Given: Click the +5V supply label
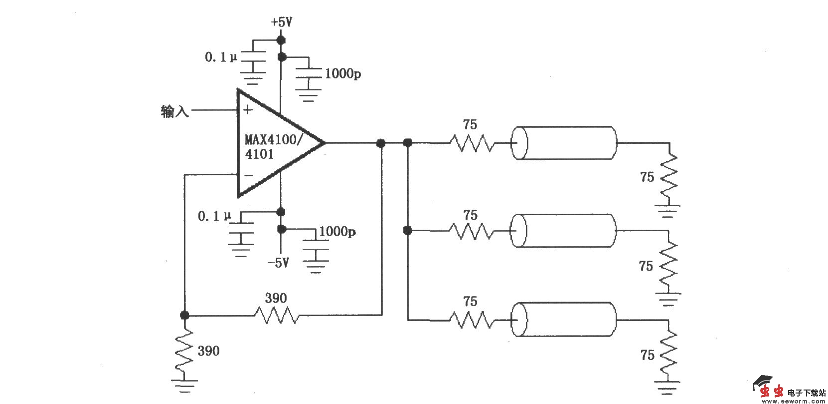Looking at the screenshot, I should [x=281, y=22].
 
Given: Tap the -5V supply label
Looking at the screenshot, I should [x=278, y=263].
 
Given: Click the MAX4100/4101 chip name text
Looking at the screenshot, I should [x=272, y=146].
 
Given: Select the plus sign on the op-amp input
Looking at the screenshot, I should [x=248, y=110].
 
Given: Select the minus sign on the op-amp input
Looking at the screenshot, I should [x=249, y=175].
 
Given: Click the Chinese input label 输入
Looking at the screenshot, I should [x=175, y=111].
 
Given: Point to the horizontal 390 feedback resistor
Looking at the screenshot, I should [x=277, y=315].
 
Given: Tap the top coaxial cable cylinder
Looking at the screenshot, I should [x=565, y=143].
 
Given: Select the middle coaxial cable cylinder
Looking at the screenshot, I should [x=564, y=231].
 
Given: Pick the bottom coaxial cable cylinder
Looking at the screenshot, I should [x=565, y=319].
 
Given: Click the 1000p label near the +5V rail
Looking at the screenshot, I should [x=343, y=74].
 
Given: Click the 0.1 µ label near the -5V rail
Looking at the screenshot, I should [x=215, y=216].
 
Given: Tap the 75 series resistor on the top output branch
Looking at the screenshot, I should [x=472, y=143].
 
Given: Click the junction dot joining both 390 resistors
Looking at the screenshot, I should [x=184, y=315].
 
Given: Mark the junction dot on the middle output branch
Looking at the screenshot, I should [x=408, y=231].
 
